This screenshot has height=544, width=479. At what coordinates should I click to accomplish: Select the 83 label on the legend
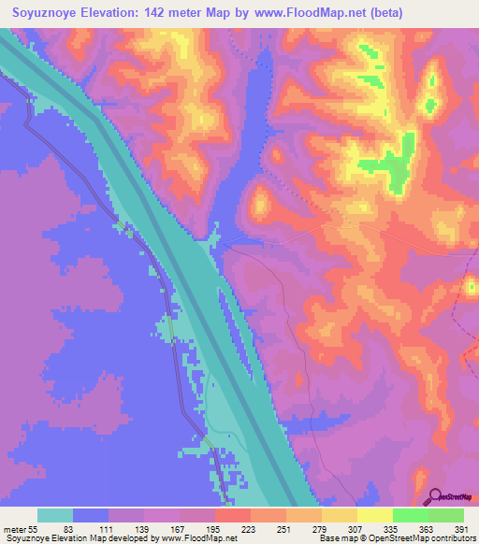pyautogui.click(x=67, y=529)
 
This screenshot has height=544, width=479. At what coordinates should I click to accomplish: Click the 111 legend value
pyautogui.click(x=103, y=529)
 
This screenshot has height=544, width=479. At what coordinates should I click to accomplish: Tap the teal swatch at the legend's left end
pyautogui.click(x=55, y=515)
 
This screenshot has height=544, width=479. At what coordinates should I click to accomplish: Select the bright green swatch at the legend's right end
pyautogui.click(x=445, y=515)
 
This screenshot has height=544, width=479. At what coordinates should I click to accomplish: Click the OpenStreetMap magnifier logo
pyautogui.click(x=436, y=495)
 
